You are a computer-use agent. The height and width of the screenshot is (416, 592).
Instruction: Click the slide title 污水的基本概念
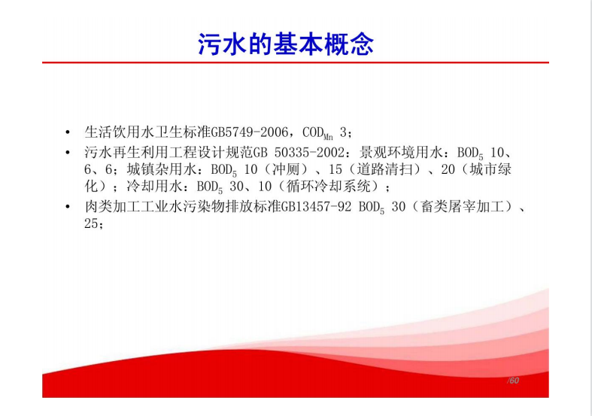[x=286, y=44]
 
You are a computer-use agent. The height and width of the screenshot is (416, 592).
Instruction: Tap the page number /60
[x=513, y=381]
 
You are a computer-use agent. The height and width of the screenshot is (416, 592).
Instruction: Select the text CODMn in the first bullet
[x=318, y=133]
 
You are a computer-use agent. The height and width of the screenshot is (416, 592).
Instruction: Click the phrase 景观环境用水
[x=401, y=152]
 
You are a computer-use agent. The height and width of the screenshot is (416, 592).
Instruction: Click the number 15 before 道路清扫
[x=335, y=169]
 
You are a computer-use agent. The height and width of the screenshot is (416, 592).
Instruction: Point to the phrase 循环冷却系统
[x=329, y=186]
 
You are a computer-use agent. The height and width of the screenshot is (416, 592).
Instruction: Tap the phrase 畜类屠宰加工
[x=463, y=206]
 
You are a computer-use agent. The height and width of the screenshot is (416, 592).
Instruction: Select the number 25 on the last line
[x=91, y=223]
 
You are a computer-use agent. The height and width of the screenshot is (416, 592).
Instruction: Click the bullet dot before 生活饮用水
[x=68, y=132]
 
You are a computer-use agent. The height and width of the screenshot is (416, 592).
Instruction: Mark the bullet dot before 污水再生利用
[x=68, y=153]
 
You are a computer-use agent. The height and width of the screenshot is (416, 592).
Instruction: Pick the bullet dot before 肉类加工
[x=68, y=206]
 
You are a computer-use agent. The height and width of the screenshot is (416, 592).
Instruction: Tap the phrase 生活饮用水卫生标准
[x=147, y=132]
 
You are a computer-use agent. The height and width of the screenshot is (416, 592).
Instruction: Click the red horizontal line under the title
[x=295, y=62]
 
